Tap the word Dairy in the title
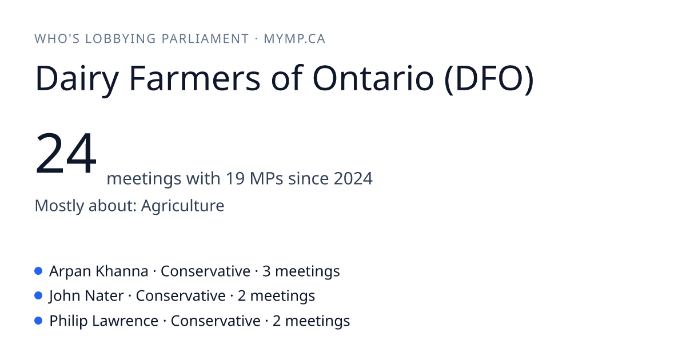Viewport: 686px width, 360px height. click(77, 79)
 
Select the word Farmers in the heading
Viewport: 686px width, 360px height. click(195, 78)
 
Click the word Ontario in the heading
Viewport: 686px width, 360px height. click(373, 78)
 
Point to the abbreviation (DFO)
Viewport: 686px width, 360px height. click(489, 79)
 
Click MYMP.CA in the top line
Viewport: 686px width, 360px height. click(294, 39)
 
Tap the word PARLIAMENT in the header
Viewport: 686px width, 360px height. click(205, 39)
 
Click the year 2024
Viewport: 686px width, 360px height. click(353, 178)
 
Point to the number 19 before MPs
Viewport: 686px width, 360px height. click(235, 178)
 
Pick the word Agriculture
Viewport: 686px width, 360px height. click(182, 205)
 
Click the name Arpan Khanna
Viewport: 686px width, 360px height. click(98, 271)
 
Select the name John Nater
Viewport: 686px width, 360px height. click(86, 296)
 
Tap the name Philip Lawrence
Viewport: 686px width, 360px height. click(104, 321)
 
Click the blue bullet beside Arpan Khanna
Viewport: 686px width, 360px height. click(38, 271)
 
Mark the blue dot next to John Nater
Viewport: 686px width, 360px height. click(38, 296)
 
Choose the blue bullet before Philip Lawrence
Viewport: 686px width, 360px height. click(38, 321)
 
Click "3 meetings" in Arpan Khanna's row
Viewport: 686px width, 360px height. click(301, 271)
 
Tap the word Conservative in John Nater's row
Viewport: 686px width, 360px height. click(181, 296)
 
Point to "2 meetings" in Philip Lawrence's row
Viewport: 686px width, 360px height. click(311, 321)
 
